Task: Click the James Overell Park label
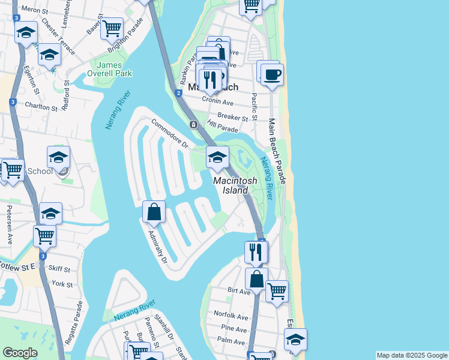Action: (114, 69)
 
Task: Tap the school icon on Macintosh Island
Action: (217, 158)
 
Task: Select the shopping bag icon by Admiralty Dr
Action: (154, 211)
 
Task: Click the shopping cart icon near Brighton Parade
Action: (112, 28)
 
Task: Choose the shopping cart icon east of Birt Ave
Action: (277, 292)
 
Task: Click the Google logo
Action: (20, 352)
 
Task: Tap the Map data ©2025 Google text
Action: (411, 355)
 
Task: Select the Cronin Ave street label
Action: (218, 102)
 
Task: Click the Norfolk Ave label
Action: (234, 317)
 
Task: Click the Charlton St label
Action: (41, 107)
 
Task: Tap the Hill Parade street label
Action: (222, 126)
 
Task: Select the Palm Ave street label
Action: (231, 341)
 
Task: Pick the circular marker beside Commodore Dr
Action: (193, 125)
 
